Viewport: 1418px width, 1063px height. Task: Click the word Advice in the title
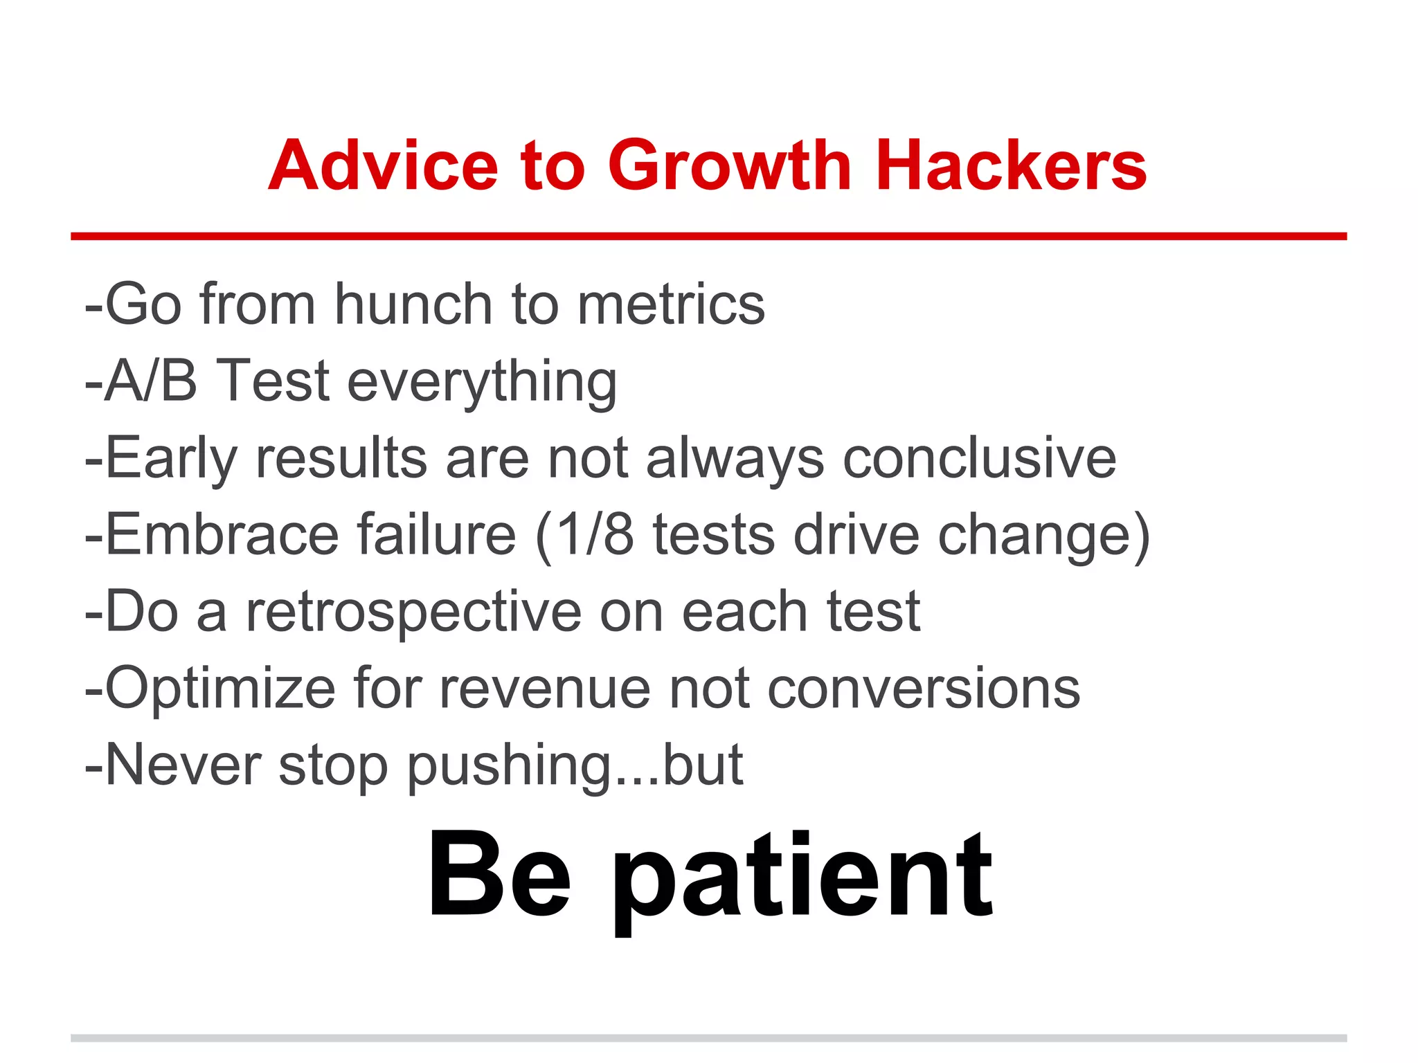coord(383,166)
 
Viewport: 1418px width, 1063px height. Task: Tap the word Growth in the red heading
coord(730,166)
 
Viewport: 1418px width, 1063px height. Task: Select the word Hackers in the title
coord(1011,166)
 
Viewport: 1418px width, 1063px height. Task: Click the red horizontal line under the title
coord(708,237)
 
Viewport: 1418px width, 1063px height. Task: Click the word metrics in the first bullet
coord(671,305)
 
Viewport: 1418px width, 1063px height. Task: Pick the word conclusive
coord(979,458)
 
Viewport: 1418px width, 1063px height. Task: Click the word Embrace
coord(222,535)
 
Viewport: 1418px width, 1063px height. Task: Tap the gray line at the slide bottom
coord(708,1038)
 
